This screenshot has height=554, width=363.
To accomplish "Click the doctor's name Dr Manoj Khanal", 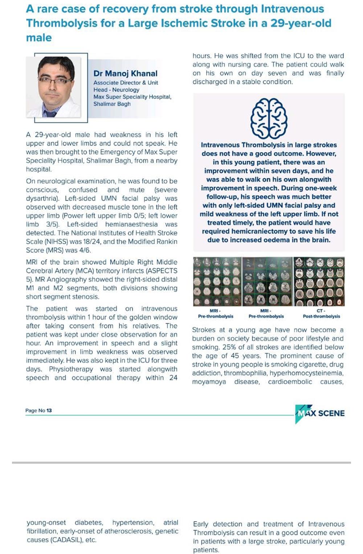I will point(125,73).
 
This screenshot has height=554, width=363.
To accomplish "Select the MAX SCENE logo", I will point(320,413).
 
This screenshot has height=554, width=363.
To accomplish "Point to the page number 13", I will point(49,411).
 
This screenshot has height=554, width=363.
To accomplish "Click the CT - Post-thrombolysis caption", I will point(321,314).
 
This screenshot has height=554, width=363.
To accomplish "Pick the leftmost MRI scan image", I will point(217,282).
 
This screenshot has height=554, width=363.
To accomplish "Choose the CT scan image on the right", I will point(319,282).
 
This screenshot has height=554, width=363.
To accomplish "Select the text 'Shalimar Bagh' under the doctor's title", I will point(112,104).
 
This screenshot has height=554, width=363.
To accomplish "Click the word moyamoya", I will point(209,382).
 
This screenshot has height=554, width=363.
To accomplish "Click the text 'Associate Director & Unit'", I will point(126,83).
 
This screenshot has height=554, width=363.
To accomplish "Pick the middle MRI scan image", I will point(267,282).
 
